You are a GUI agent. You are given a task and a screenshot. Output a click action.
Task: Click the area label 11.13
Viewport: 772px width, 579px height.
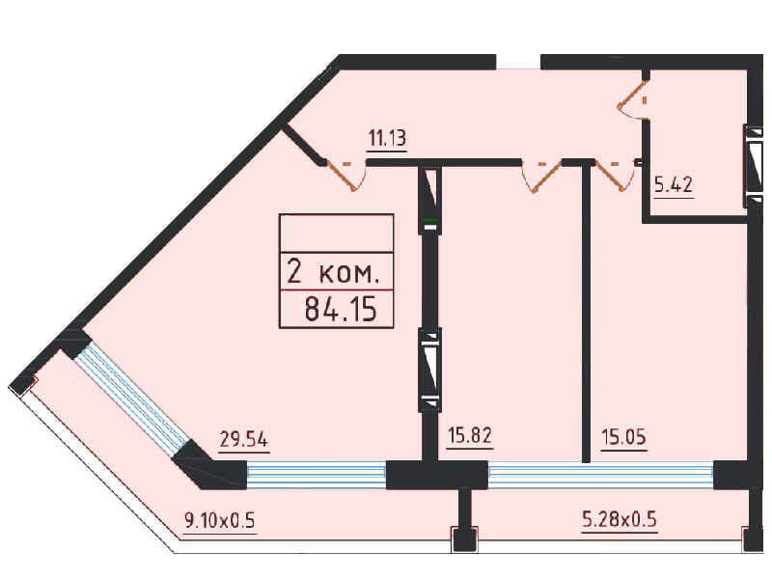388,138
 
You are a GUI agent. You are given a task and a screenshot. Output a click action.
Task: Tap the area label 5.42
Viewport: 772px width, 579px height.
674,184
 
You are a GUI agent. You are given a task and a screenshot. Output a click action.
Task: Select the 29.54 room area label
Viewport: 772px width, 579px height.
244,439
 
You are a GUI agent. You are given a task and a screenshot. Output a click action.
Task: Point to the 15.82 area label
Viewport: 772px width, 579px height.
470,435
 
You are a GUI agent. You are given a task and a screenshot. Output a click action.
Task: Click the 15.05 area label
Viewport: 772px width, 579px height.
623,437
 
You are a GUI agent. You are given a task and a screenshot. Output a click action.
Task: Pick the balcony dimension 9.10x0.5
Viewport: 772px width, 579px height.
220,520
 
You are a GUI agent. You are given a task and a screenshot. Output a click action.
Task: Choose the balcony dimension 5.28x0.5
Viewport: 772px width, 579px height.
620,519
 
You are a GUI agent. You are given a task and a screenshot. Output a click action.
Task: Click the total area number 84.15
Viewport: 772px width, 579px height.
341,309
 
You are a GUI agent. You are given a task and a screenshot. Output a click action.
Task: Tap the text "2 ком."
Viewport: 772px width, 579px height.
333,271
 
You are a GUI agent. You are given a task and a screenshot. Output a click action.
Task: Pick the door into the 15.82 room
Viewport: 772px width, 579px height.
541,176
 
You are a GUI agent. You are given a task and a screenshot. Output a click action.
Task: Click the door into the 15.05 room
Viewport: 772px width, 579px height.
615,175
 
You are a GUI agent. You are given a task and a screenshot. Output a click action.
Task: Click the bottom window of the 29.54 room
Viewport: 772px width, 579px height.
317,475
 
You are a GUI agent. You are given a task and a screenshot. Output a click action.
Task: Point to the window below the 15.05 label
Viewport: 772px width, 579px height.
600,475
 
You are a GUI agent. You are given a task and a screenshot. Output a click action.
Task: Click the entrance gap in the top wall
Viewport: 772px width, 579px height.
518,62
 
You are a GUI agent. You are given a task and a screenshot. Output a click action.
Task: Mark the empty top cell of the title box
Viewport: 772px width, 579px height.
336,234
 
